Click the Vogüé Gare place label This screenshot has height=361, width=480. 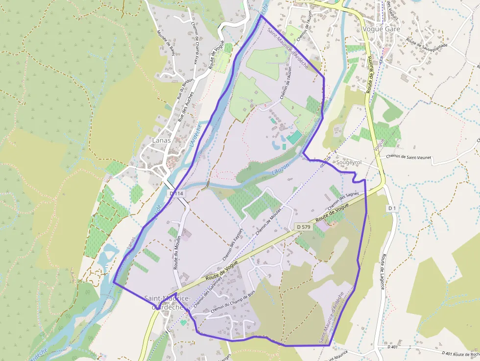click(381, 29)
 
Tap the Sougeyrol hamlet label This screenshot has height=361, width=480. click(348, 162)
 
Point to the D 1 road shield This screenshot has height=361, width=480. click(392, 209)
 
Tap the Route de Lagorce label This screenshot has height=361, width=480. click(383, 271)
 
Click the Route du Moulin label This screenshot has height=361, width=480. click(177, 252)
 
